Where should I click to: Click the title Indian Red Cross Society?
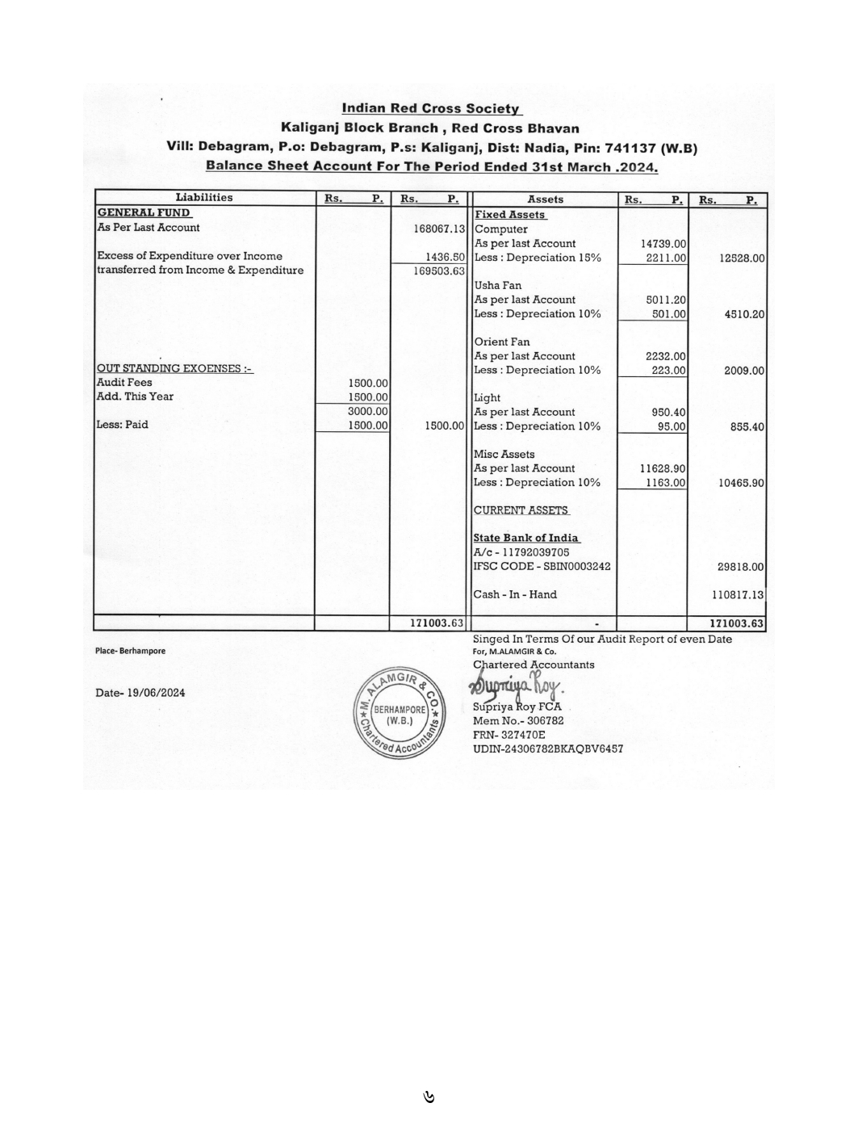[431, 108]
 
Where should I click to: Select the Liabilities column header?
[204, 198]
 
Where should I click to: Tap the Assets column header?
[545, 199]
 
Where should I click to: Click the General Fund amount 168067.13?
[439, 229]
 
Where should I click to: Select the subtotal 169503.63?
[439, 271]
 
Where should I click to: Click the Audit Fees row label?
[124, 383]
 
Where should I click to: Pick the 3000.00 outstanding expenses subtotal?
[368, 411]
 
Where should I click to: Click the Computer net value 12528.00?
[741, 258]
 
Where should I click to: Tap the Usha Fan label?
[498, 286]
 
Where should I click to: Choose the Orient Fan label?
[502, 342]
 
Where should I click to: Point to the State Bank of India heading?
[525, 538]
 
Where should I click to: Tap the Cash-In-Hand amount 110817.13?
[736, 595]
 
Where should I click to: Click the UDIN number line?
[547, 749]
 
